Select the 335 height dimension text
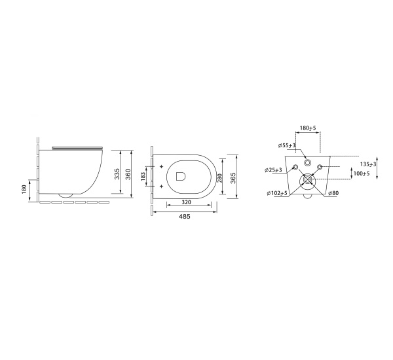click(116, 173)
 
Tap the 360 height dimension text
click(128, 173)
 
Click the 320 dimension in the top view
click(187, 202)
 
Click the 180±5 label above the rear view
click(307, 128)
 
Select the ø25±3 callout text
click(273, 170)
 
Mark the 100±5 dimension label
click(361, 173)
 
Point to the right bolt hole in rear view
click(320, 168)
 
